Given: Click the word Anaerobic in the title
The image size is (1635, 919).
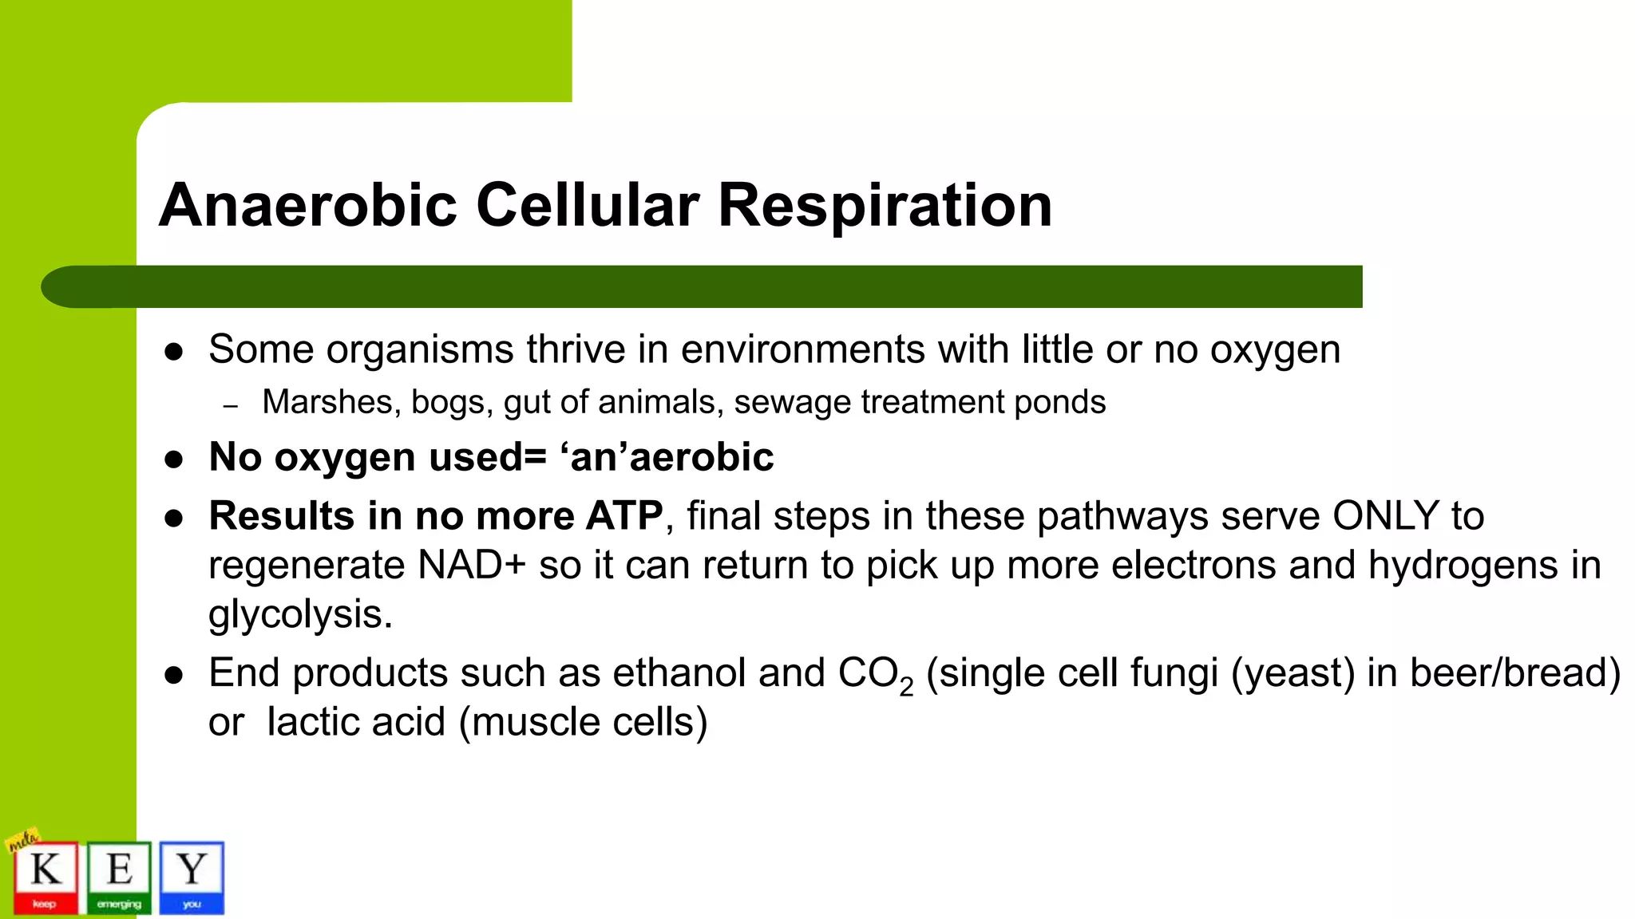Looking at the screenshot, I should pyautogui.click(x=308, y=206).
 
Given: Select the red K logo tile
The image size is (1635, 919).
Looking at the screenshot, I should pyautogui.click(x=46, y=877).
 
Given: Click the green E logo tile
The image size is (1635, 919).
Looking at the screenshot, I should pyautogui.click(x=119, y=877).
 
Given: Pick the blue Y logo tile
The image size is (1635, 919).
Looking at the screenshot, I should pyautogui.click(x=192, y=877).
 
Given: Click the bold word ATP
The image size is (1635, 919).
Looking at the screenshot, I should pyautogui.click(x=624, y=515).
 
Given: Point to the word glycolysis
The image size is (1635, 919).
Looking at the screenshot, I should pyautogui.click(x=299, y=614).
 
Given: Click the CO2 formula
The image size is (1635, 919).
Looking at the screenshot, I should pyautogui.click(x=875, y=674).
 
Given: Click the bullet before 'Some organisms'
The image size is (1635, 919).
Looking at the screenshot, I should pyautogui.click(x=174, y=352).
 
